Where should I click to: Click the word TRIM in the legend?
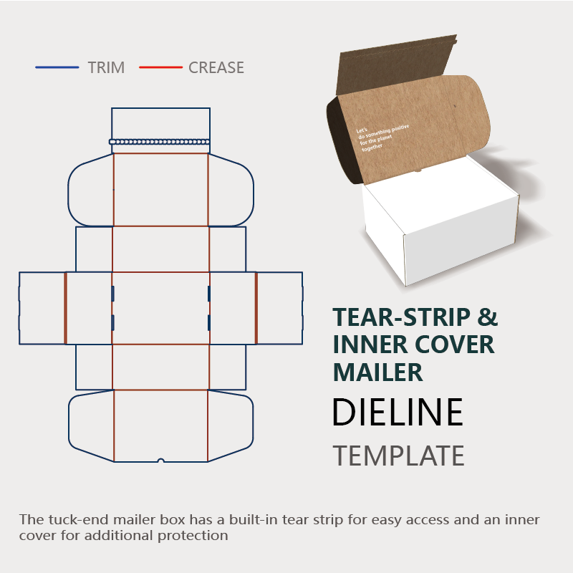(106, 68)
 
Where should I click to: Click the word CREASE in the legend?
(216, 68)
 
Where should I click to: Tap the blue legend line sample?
(57, 68)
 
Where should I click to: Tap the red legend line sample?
(160, 68)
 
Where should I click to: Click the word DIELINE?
(398, 413)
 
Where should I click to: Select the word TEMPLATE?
(398, 456)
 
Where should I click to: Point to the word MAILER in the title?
(378, 372)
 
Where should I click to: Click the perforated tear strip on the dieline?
(160, 142)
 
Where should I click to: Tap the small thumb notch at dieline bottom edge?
(161, 460)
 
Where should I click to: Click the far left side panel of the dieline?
(42, 308)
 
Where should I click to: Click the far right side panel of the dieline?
(279, 308)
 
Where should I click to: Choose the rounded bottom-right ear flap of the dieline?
(231, 425)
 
